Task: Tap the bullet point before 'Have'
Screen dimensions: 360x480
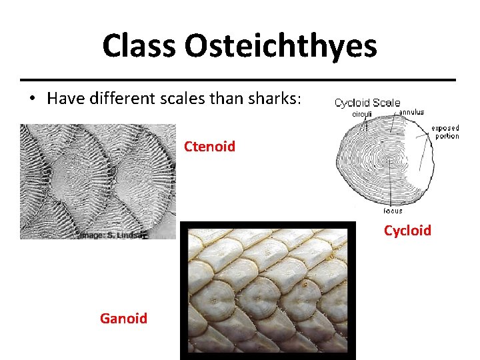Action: tap(32, 99)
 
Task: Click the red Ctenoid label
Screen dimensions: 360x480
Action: tap(209, 146)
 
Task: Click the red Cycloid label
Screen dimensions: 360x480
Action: tap(407, 230)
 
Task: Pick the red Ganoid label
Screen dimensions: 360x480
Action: tap(123, 318)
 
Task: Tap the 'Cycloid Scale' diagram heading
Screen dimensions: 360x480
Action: tap(367, 103)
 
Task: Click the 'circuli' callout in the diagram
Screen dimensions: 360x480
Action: tap(361, 114)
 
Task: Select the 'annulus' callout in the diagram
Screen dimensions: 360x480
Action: tap(411, 112)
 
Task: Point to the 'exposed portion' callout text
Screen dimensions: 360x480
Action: tap(445, 132)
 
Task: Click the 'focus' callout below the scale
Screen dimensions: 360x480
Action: tap(393, 211)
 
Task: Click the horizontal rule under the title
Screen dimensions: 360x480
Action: tap(239, 79)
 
